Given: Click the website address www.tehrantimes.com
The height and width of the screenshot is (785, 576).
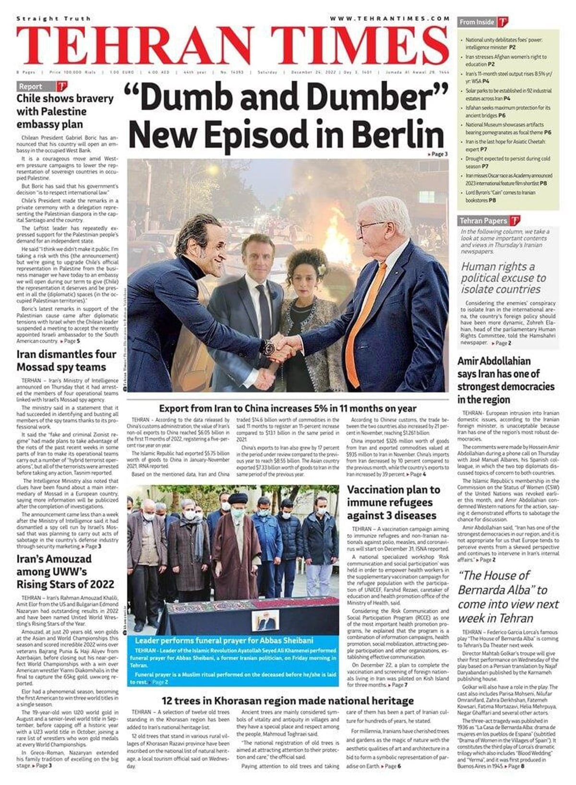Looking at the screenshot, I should (x=389, y=18).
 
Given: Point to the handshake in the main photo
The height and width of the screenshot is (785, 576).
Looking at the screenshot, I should (x=282, y=347).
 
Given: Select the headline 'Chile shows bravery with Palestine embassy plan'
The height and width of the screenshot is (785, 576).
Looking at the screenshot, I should (x=65, y=111).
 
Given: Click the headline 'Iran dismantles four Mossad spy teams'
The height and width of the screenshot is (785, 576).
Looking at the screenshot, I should (x=66, y=361).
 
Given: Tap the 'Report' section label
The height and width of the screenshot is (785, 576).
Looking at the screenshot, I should (x=31, y=86).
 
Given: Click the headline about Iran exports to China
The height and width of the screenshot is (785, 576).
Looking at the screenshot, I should (x=288, y=409).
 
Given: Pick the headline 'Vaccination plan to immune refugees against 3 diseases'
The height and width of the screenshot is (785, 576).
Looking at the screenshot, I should (x=394, y=503).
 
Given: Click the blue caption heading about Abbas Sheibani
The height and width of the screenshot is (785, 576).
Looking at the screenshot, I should (x=224, y=640).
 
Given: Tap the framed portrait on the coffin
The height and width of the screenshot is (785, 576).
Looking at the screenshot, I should (x=265, y=621).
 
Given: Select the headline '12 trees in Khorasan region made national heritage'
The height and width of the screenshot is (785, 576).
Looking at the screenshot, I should (x=288, y=700).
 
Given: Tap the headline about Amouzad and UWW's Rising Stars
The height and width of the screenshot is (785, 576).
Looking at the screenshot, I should (x=65, y=571).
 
